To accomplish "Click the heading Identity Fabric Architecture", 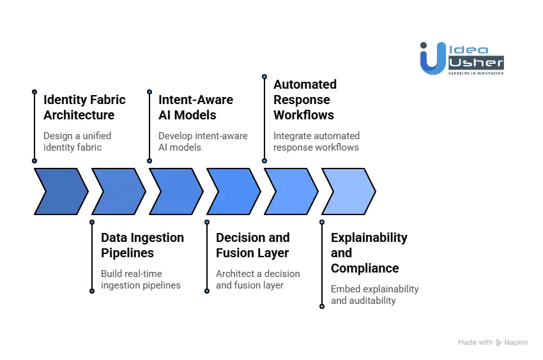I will (84, 107).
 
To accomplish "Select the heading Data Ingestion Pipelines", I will (142, 245).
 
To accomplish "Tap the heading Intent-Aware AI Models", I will (195, 107).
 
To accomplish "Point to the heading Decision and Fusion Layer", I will (252, 245).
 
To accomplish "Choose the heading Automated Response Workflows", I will (305, 100).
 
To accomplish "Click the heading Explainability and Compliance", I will (369, 253).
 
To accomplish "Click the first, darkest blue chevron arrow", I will (61, 191).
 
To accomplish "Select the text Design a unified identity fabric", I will (77, 141).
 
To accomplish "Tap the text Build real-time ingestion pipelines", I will (141, 279).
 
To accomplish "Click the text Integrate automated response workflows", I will (316, 141).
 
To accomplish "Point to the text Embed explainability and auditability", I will (374, 294).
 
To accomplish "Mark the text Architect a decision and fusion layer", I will (257, 279).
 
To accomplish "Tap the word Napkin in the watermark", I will (516, 343).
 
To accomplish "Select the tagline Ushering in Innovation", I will (476, 73).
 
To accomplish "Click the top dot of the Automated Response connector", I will (264, 77).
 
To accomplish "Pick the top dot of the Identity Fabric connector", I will (34, 92).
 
